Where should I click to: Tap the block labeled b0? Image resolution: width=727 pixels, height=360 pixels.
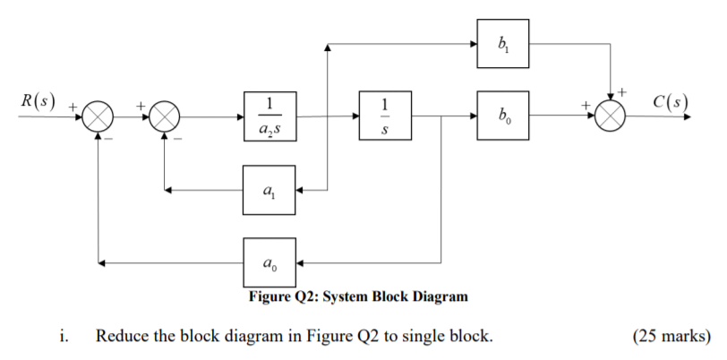[501, 116]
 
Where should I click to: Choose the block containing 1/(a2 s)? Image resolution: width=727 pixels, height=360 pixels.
[269, 116]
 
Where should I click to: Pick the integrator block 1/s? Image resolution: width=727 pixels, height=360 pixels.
[386, 116]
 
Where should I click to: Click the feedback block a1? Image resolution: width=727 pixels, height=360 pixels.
[269, 190]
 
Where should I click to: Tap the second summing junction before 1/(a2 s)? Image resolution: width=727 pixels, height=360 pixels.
[164, 116]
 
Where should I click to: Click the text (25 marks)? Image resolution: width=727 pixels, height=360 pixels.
[671, 338]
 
